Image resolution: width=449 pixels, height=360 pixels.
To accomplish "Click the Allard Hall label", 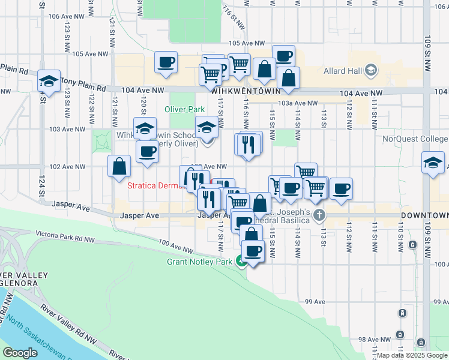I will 343,71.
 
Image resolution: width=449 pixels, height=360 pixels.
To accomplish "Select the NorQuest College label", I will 415,139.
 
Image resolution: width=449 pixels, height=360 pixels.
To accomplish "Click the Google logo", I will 20,353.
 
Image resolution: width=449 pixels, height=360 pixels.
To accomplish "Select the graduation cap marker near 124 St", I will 49,82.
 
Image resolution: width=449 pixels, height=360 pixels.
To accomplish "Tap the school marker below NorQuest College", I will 432,163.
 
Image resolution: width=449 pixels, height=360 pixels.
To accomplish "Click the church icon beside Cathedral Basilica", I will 319,215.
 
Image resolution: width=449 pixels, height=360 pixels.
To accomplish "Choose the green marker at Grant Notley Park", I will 241,260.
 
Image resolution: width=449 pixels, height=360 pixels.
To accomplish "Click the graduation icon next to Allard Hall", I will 370,71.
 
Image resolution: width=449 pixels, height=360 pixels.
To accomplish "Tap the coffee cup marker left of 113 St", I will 341,189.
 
